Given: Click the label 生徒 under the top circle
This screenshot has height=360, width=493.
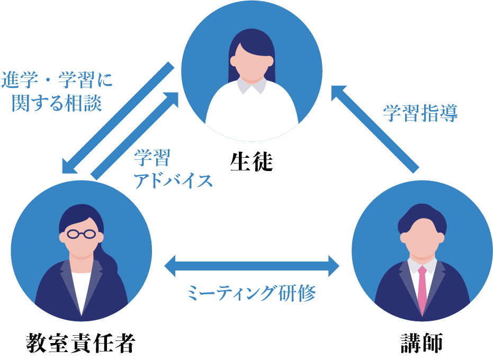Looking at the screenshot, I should (x=251, y=161).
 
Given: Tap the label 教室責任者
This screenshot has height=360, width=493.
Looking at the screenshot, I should (x=80, y=344).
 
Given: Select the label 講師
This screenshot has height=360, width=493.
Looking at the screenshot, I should (x=422, y=344).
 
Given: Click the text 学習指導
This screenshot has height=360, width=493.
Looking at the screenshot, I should (x=420, y=113).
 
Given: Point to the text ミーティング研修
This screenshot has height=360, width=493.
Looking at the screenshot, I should (x=252, y=293).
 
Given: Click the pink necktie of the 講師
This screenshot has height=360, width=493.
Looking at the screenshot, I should (x=422, y=289).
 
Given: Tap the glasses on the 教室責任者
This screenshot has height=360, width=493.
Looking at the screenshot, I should (x=80, y=233).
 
